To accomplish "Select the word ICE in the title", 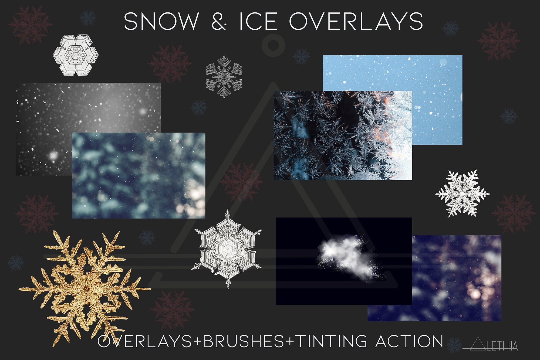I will click(x=258, y=21).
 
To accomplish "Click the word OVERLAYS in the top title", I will click(x=356, y=21).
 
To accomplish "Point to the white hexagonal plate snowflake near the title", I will click(x=76, y=55).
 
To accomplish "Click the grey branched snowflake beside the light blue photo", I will click(x=224, y=77).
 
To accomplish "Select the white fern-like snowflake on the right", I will click(x=462, y=193).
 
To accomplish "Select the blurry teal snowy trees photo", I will click(x=138, y=175).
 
